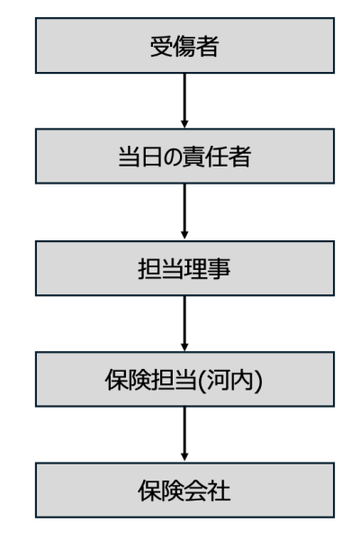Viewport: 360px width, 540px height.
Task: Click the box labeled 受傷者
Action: pyautogui.click(x=184, y=46)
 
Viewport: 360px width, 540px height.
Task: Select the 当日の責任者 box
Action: pyautogui.click(x=184, y=156)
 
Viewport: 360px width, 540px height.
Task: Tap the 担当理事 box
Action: pyautogui.click(x=184, y=268)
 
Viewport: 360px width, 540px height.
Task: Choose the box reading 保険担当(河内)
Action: pyautogui.click(x=184, y=379)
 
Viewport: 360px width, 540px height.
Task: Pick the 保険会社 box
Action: pyautogui.click(x=184, y=490)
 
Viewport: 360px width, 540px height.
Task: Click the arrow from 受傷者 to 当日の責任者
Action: pyautogui.click(x=184, y=101)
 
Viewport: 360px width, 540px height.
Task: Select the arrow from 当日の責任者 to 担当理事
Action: pyautogui.click(x=184, y=211)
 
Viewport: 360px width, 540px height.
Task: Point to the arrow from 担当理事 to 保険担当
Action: pyautogui.click(x=184, y=323)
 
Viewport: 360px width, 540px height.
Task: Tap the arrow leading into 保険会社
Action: pyautogui.click(x=184, y=434)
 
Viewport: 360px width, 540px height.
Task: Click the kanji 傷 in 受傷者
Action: pyautogui.click(x=184, y=46)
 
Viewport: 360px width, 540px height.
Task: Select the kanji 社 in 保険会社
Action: pyautogui.click(x=219, y=490)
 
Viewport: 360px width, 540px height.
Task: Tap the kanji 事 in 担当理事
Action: pyautogui.click(x=219, y=268)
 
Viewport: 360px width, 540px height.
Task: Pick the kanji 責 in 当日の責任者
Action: pyautogui.click(x=194, y=157)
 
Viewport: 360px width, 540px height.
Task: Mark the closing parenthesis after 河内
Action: pyautogui.click(x=258, y=381)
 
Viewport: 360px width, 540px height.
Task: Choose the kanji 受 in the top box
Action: pyautogui.click(x=162, y=46)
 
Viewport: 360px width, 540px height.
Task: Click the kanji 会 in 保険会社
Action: pyautogui.click(x=196, y=490)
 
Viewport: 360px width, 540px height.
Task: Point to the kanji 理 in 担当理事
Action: pyautogui.click(x=196, y=268)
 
